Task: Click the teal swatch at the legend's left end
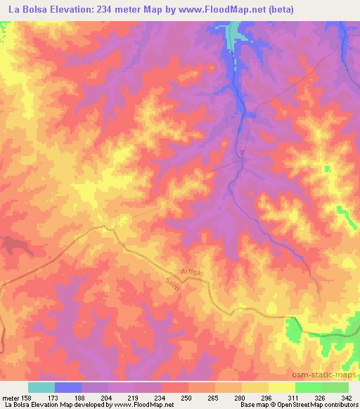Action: (41, 387)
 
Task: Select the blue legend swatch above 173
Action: (68, 387)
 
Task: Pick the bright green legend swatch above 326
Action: (309, 387)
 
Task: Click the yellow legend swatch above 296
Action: (255, 387)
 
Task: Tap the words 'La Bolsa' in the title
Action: (26, 8)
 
